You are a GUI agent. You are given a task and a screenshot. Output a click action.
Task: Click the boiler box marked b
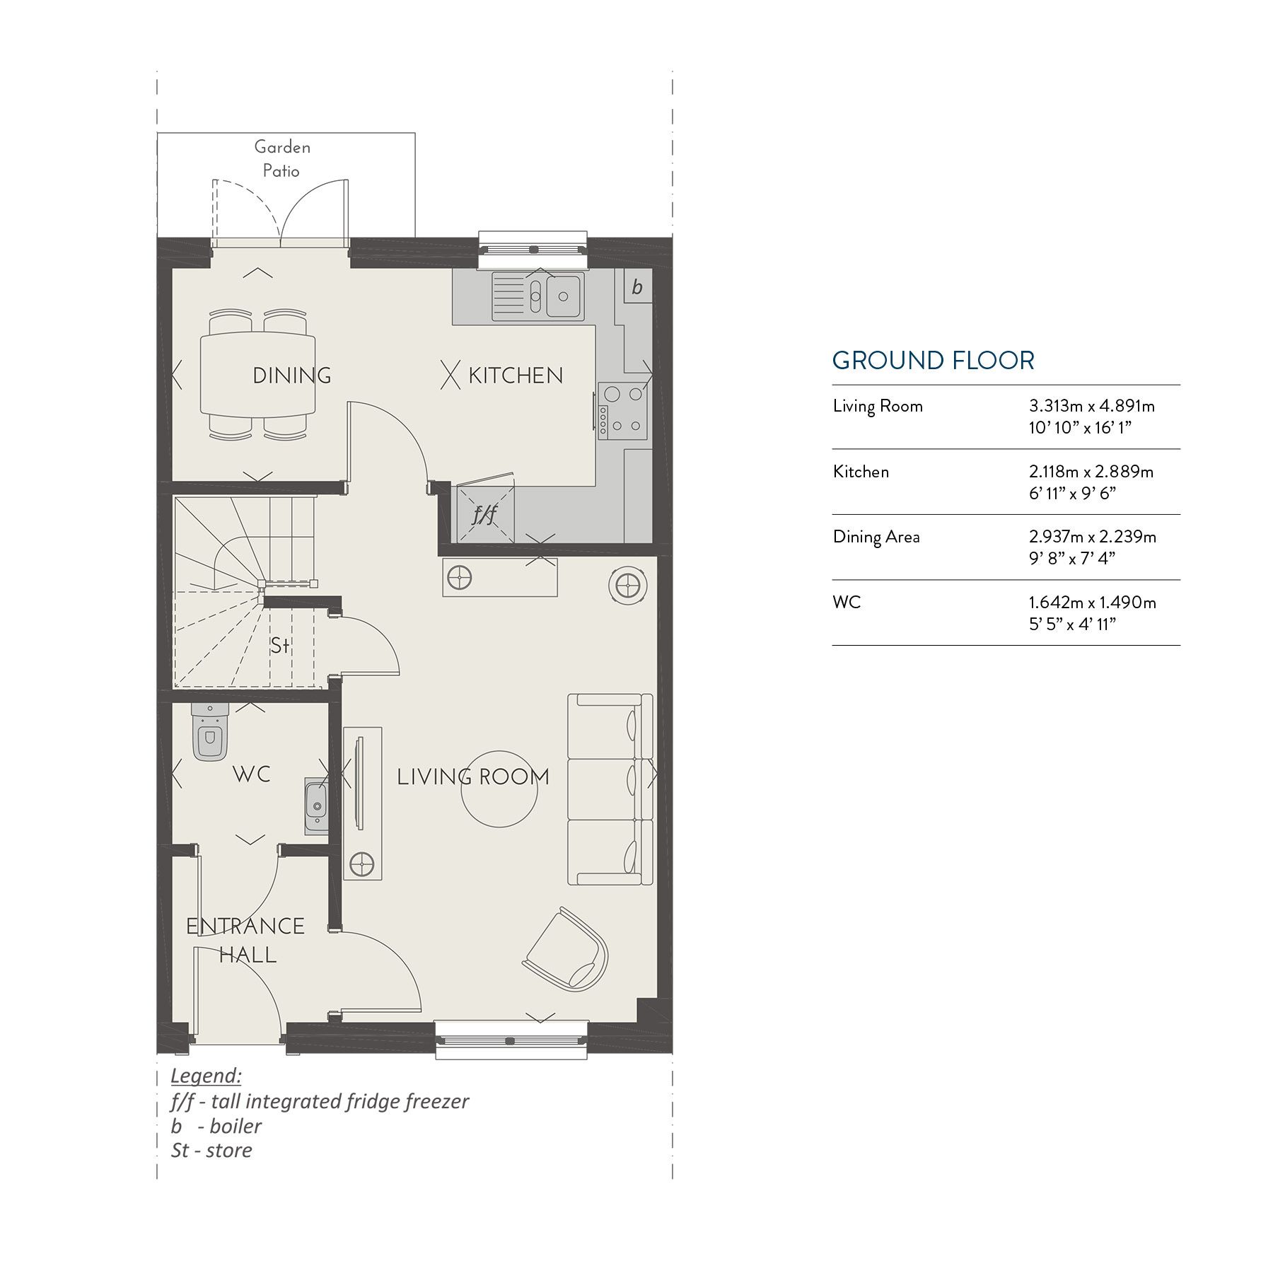pos(636,287)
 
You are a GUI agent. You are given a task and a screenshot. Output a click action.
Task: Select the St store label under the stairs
pos(280,645)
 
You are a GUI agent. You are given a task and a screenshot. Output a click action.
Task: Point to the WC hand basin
pos(316,806)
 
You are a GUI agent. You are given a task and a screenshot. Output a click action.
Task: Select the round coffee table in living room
pos(499,789)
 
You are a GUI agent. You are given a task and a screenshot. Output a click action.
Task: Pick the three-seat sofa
pos(610,789)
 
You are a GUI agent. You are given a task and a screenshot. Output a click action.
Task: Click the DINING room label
pos(291,376)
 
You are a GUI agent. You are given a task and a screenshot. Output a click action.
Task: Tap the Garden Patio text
pos(281,158)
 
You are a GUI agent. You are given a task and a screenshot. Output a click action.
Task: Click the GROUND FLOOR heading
pos(933,361)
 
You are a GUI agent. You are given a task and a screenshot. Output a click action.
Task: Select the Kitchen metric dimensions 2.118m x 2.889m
pos(1091,472)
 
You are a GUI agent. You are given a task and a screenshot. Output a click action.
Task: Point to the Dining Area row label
pos(876,537)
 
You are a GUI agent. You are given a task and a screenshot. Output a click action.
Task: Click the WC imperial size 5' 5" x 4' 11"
pos(1072,624)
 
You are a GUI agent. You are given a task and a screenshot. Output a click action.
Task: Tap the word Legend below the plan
pos(206,1076)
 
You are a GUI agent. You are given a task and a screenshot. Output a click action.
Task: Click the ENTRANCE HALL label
pos(245,940)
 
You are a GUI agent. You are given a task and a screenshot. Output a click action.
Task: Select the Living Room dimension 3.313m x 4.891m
pos(1091,406)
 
